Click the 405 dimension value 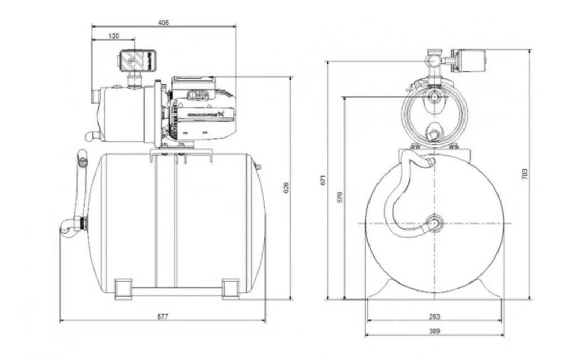[163, 22]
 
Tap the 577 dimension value [162, 316]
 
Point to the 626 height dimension [286, 187]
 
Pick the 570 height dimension [340, 196]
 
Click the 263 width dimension [434, 316]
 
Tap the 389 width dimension [434, 331]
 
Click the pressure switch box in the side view [136, 60]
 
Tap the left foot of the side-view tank [123, 288]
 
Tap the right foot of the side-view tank [230, 288]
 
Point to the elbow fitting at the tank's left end [69, 226]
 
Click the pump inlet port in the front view [435, 97]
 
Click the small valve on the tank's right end [259, 167]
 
